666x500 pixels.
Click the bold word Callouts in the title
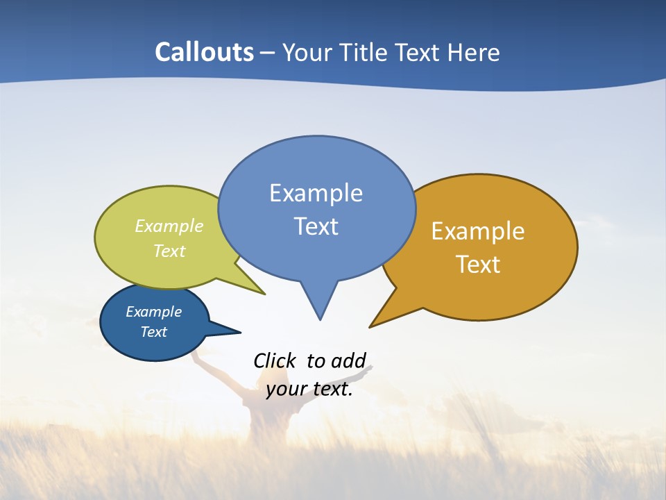coord(205,52)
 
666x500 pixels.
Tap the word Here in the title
coord(475,52)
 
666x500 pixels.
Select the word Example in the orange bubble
coord(478,231)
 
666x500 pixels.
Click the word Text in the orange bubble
coord(478,264)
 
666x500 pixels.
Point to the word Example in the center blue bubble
coord(316,193)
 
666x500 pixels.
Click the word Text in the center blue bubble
coord(316,226)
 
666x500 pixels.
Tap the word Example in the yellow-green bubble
coord(169,226)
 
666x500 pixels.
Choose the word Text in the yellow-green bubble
coord(169,251)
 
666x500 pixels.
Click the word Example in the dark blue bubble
coord(153,312)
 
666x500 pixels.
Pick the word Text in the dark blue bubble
coord(153,332)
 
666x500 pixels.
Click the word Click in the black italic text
coord(274,360)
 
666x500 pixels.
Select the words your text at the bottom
coord(309,389)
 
